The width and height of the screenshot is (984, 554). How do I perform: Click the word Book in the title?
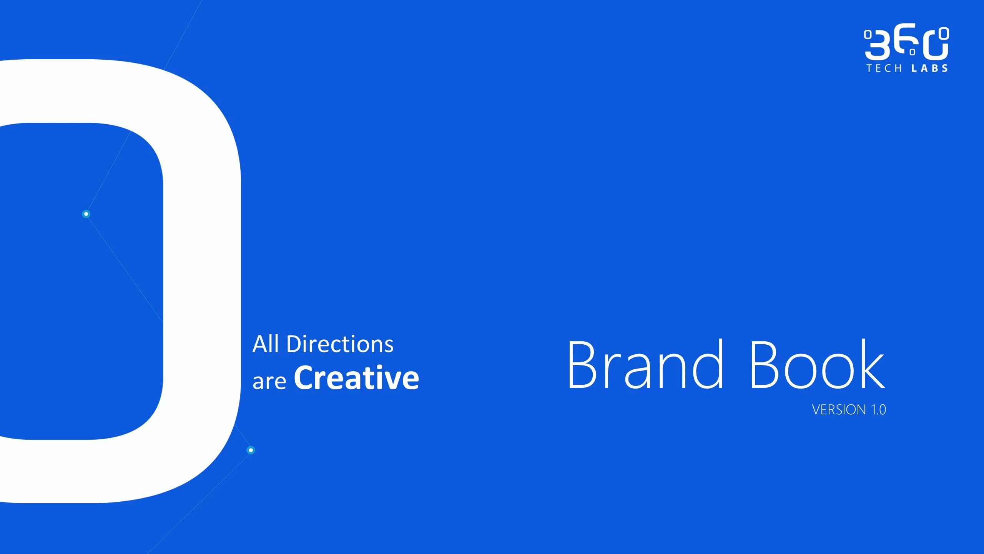tap(818, 364)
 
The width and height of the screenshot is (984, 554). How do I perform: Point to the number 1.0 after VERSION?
tap(878, 410)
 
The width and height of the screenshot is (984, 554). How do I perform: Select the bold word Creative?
tap(356, 378)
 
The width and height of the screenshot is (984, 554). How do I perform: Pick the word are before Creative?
tap(269, 382)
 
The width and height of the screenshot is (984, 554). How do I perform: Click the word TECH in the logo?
tap(884, 68)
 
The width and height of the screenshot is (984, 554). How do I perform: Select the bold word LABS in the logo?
tap(929, 68)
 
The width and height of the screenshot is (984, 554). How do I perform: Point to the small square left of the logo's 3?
tap(868, 35)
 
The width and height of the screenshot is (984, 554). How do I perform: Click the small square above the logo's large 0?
tap(944, 33)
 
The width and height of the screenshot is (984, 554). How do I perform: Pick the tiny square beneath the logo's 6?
tap(913, 52)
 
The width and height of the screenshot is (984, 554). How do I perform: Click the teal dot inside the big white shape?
tap(86, 214)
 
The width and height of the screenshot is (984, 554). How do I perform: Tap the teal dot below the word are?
tap(251, 450)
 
